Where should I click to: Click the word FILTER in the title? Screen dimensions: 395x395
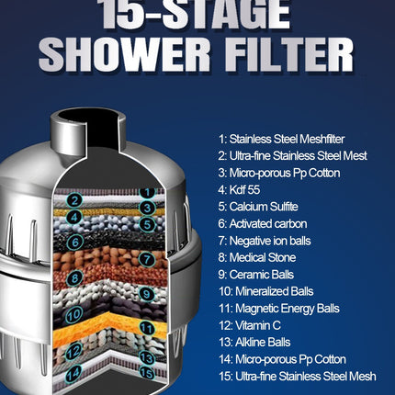point(288,53)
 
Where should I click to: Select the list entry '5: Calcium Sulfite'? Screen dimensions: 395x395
point(258,207)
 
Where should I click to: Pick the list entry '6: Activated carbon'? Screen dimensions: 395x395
point(263,223)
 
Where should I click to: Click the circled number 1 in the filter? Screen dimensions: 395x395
point(146,193)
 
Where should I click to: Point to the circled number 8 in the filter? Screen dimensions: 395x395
point(75,276)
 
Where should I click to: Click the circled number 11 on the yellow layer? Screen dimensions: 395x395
point(145,327)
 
